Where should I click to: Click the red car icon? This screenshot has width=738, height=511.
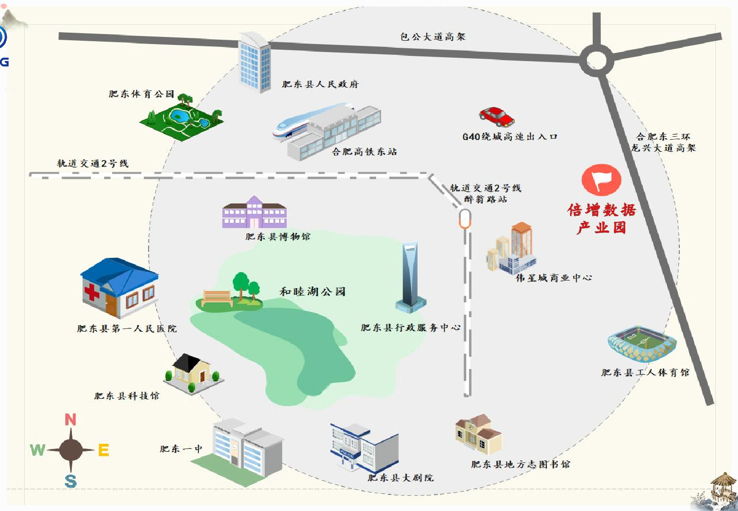(x=497, y=116)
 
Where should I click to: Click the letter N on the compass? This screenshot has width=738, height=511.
(x=70, y=419)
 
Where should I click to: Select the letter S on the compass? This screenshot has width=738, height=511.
(x=70, y=481)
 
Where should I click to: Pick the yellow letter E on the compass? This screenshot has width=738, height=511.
(x=104, y=449)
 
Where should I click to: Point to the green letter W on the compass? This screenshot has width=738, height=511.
(x=37, y=449)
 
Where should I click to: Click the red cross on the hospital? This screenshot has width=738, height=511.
(x=92, y=291)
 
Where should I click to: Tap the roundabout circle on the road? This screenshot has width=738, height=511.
(x=597, y=60)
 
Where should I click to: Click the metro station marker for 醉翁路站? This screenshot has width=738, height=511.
(x=465, y=219)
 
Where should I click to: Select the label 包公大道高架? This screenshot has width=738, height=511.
(x=433, y=36)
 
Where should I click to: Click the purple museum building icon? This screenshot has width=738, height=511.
(x=255, y=212)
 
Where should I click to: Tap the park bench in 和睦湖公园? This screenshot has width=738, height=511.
(x=218, y=298)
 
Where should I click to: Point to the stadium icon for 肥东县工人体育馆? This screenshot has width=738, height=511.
(x=642, y=344)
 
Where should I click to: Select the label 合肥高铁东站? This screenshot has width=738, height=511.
(x=364, y=151)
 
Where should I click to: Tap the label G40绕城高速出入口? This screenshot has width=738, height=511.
(x=510, y=136)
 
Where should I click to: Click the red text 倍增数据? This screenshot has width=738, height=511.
(x=602, y=210)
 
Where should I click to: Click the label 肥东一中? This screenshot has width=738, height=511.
(x=181, y=449)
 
